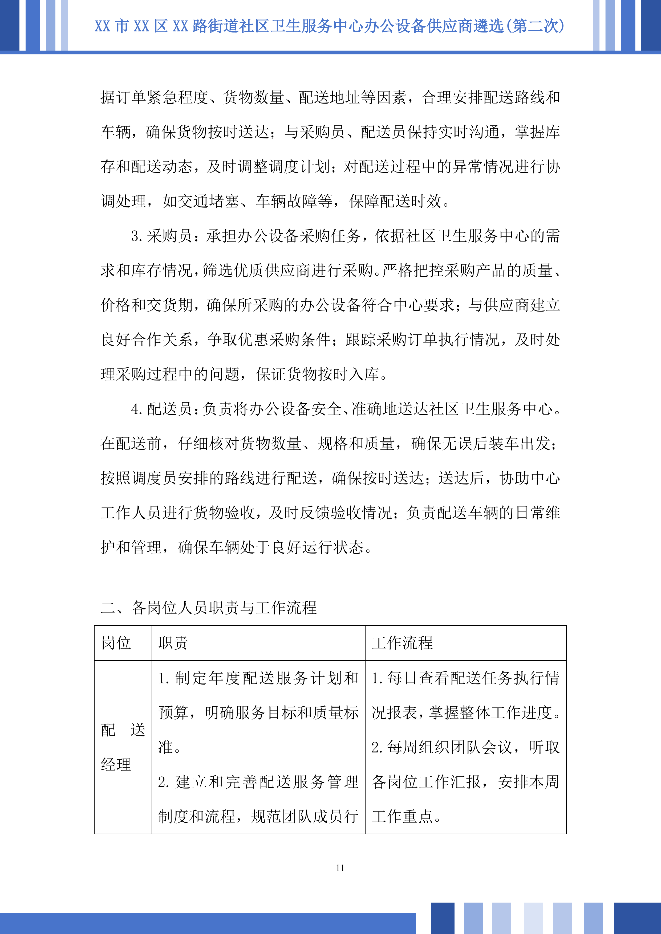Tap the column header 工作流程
coord(402,643)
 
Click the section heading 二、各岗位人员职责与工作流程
coord(208,607)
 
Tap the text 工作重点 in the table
coord(402,816)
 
